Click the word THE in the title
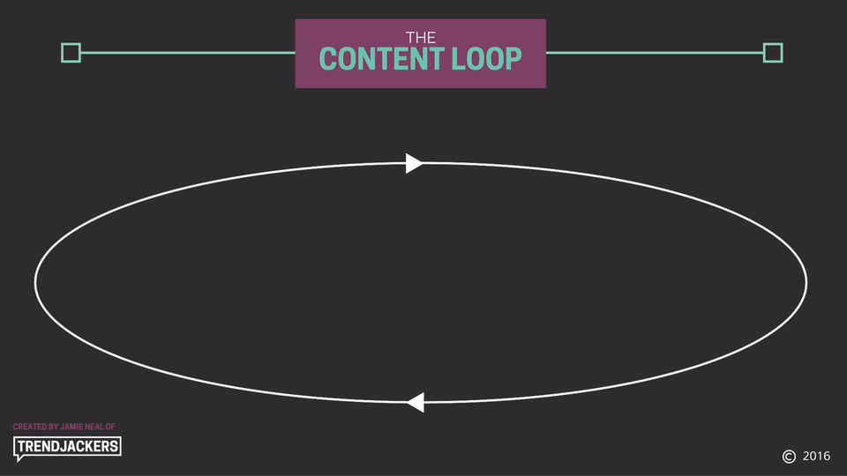pos(421,37)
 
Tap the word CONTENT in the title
pos(381,59)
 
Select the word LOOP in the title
pos(487,59)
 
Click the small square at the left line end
pos(71,53)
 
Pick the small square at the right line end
pos(773,53)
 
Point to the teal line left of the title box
pos(188,53)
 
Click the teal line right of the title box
pos(655,53)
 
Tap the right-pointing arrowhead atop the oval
pos(414,164)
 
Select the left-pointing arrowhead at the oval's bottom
pos(416,402)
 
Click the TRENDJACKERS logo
pos(67,448)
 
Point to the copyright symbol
pos(789,457)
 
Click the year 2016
pos(816,456)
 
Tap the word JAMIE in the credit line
pos(71,427)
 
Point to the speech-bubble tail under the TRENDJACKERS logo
pos(19,458)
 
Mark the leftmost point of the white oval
pos(35,282)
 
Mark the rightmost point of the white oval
pos(806,282)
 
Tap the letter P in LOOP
pos(514,59)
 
